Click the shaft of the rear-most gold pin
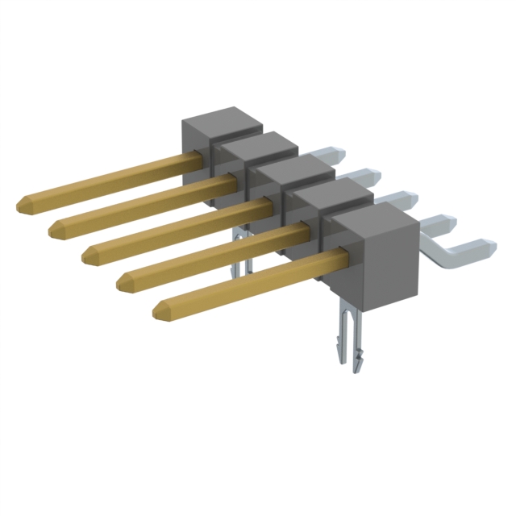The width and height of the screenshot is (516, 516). coord(113,178)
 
